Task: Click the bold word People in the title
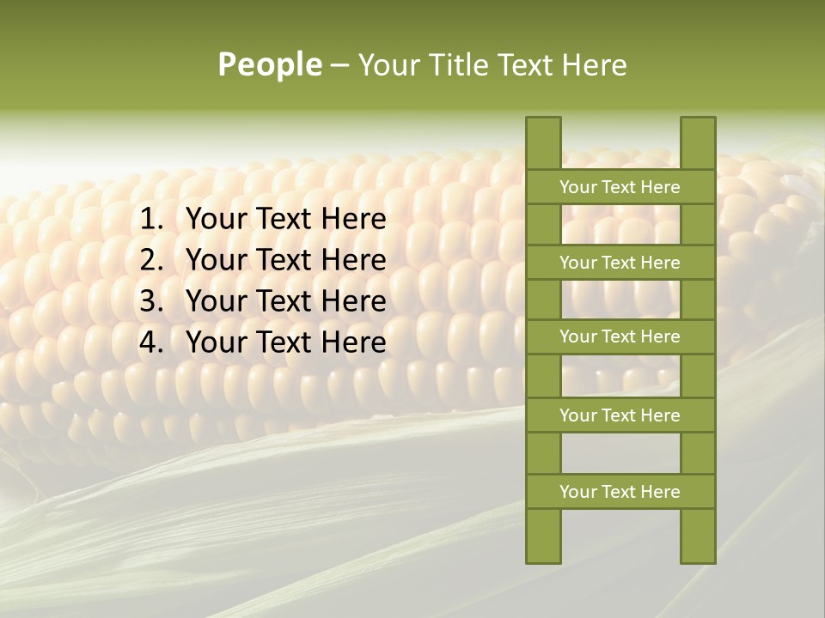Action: pyautogui.click(x=270, y=65)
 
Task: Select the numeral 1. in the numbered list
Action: pyautogui.click(x=152, y=220)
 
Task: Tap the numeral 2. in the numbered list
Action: pyautogui.click(x=152, y=260)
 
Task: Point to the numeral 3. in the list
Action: pyautogui.click(x=152, y=301)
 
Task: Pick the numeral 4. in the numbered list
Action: pyautogui.click(x=152, y=342)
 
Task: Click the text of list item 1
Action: pyautogui.click(x=286, y=220)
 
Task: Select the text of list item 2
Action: pyautogui.click(x=286, y=260)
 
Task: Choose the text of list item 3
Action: pyautogui.click(x=286, y=301)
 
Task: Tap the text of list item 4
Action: pyautogui.click(x=286, y=342)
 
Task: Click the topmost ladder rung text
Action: pyautogui.click(x=620, y=187)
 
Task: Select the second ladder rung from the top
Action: pyautogui.click(x=620, y=263)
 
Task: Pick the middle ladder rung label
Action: pyautogui.click(x=620, y=336)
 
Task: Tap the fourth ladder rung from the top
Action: pyautogui.click(x=620, y=415)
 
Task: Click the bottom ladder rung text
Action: pyautogui.click(x=620, y=492)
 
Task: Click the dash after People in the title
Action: pyautogui.click(x=339, y=66)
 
